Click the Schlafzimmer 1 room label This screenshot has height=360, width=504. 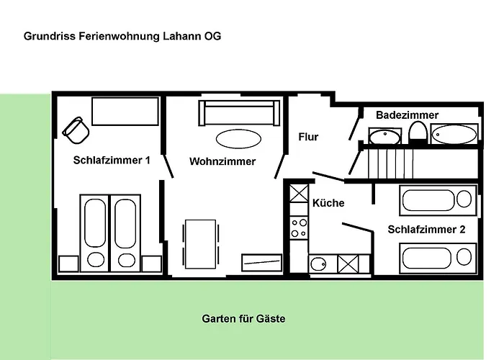coord(112,160)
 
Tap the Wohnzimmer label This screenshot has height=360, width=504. coord(222,162)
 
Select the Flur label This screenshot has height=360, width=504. coord(308,137)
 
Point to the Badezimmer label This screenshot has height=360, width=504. coord(407,115)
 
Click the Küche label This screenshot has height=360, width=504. coord(328,203)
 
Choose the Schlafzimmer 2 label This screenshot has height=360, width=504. coord(426,230)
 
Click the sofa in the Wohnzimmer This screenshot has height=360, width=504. coord(238,112)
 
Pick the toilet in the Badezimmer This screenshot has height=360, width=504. coord(417,132)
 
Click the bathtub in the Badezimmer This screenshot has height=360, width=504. coord(454,134)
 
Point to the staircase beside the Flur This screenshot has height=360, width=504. coord(390,162)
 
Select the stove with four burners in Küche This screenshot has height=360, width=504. coord(298,228)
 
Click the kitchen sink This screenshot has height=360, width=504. coord(320,264)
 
